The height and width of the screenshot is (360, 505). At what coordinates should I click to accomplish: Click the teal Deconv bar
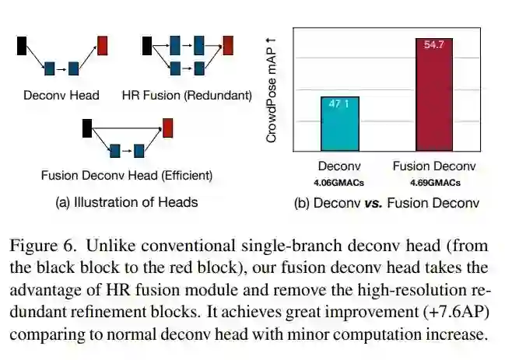point(339,124)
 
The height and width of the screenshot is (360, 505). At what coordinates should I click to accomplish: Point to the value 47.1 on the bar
point(339,103)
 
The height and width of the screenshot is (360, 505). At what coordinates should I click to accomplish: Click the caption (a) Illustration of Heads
point(126,202)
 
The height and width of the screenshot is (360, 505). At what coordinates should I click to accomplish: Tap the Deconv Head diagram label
point(61,96)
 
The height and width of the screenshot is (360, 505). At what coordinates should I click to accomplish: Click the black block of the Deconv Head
point(22,45)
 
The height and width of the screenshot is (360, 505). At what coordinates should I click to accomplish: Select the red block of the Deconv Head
point(103,45)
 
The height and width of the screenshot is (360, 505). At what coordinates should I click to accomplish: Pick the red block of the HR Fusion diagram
point(227,45)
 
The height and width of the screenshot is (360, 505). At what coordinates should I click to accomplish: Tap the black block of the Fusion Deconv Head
point(86,127)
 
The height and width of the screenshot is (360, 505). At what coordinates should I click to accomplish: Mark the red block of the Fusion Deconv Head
point(167,127)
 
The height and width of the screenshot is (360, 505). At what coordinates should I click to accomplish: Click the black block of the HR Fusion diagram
point(146,45)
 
